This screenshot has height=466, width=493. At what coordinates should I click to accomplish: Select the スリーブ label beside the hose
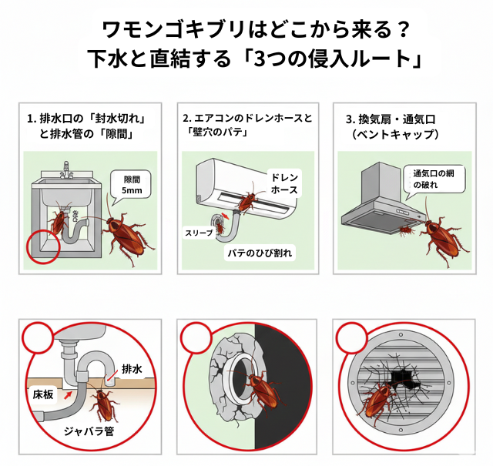pyautogui.click(x=198, y=231)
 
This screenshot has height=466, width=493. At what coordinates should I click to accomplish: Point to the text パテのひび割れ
pyautogui.click(x=259, y=252)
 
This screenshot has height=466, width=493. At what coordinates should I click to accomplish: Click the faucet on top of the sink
pyautogui.click(x=66, y=169)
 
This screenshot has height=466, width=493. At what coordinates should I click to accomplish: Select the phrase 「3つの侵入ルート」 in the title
pyautogui.click(x=326, y=59)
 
